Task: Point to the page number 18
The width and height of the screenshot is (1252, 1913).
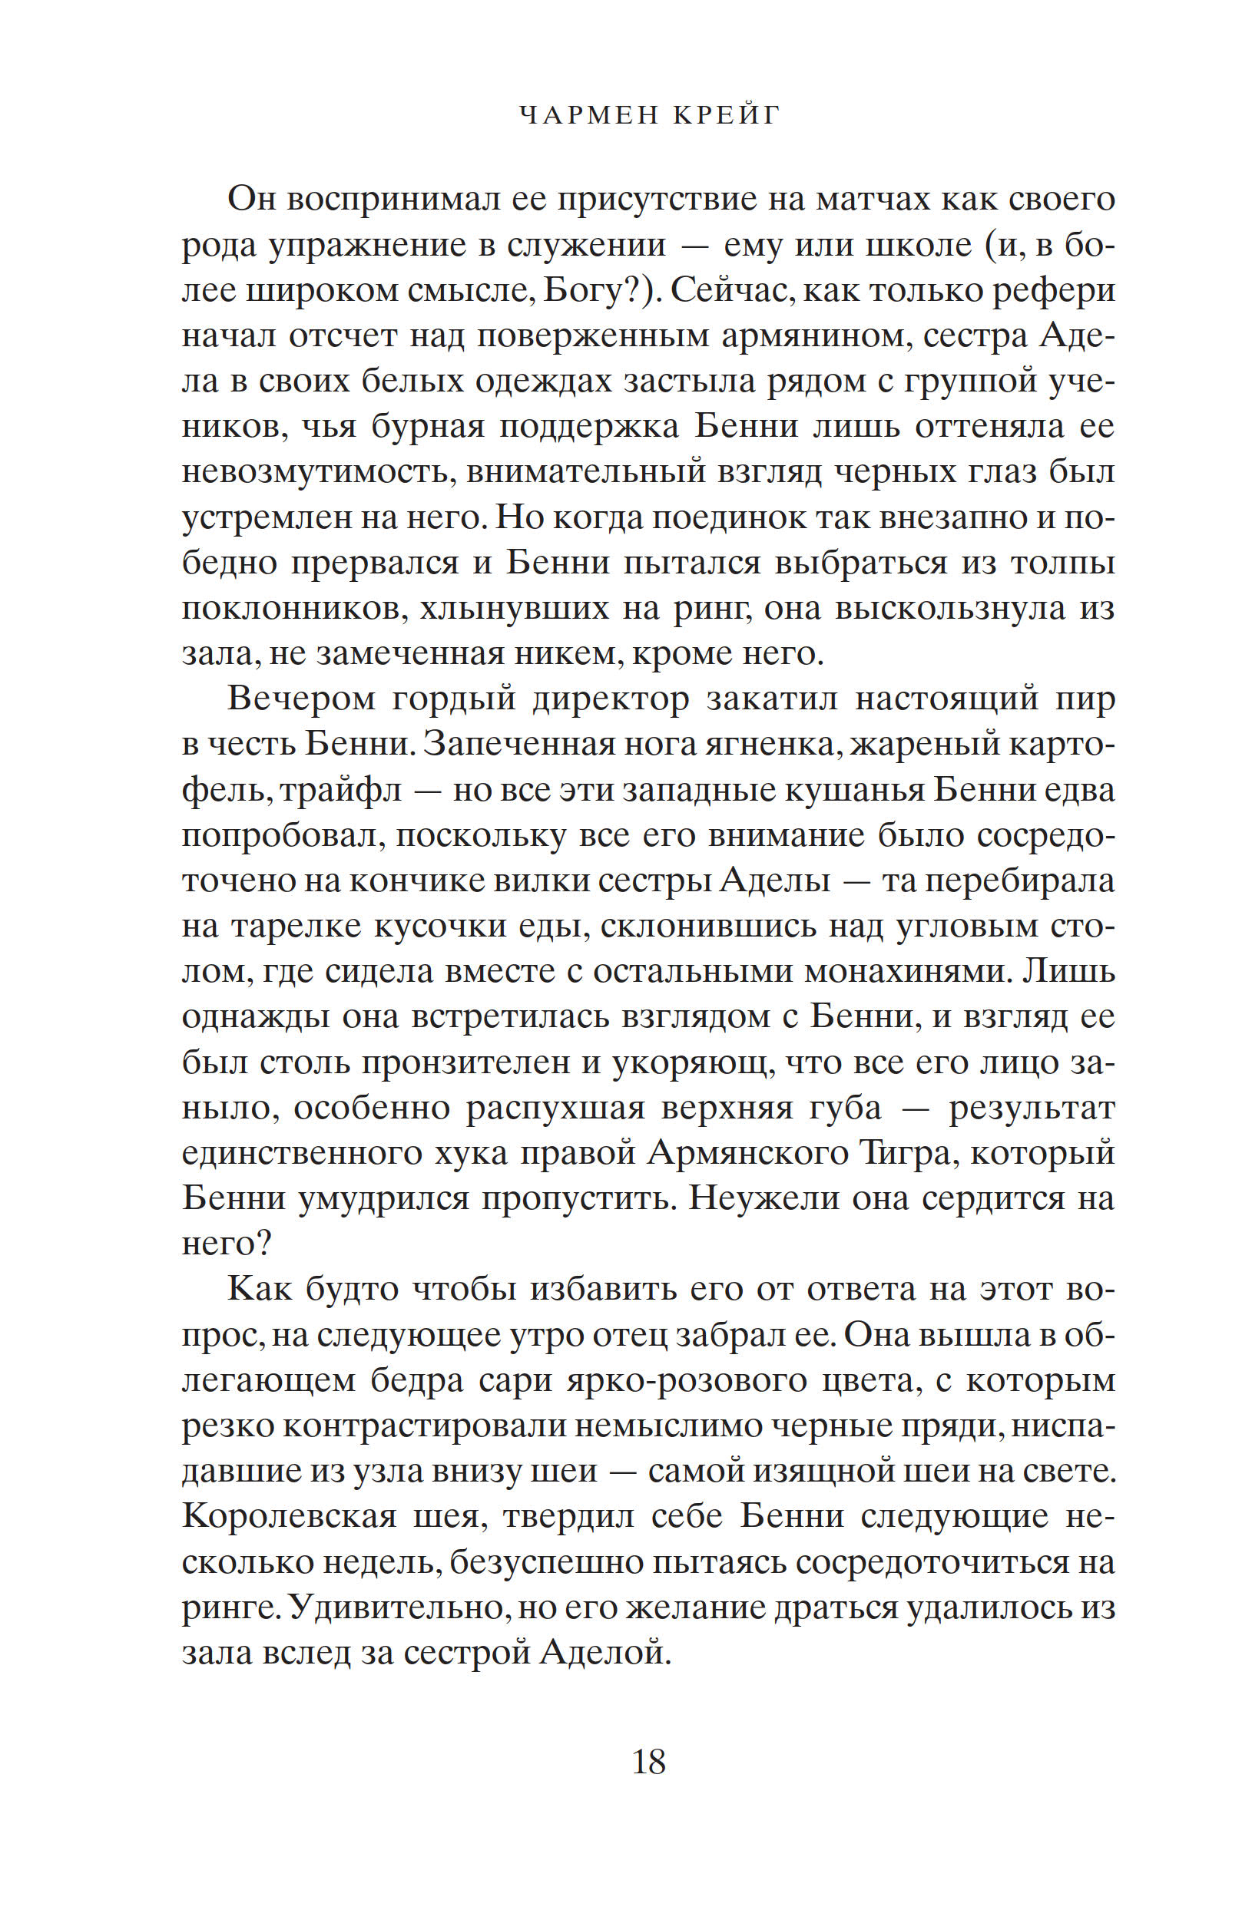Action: (x=648, y=1763)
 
